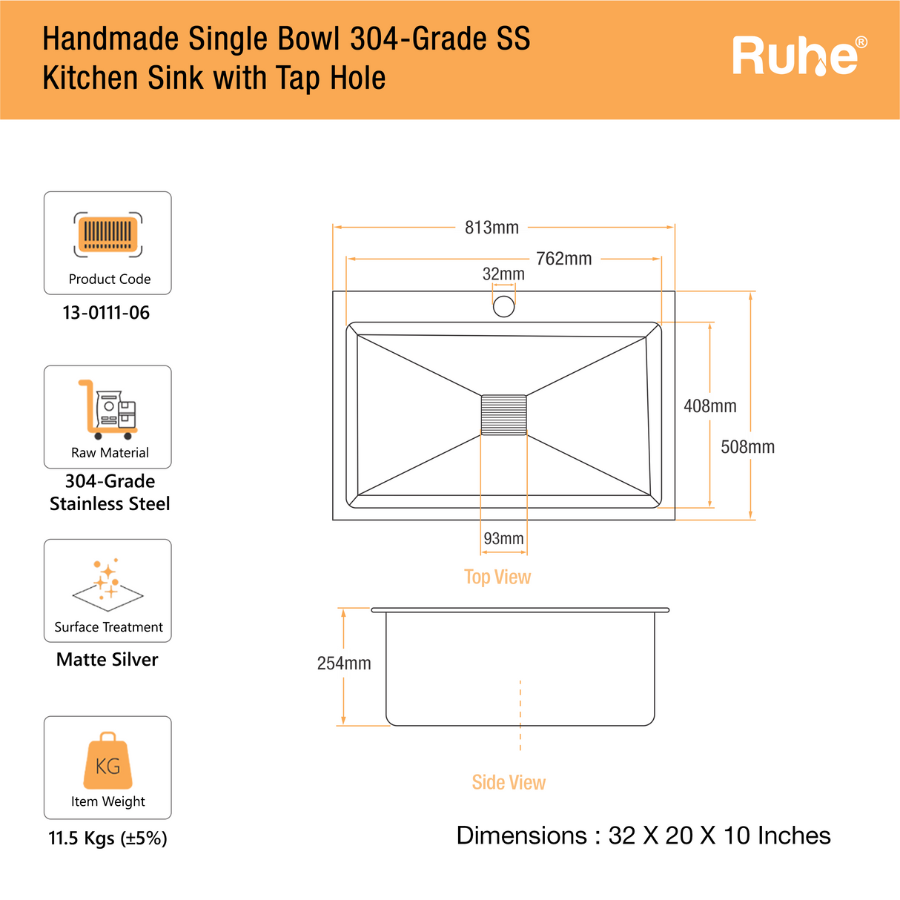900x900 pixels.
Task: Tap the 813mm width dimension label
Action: [x=492, y=228]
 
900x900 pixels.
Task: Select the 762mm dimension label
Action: [x=563, y=259]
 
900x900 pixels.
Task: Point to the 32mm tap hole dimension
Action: [x=503, y=274]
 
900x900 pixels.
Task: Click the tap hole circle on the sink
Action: [x=503, y=305]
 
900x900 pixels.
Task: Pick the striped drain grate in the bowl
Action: [x=503, y=415]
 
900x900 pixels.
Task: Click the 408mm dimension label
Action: [x=709, y=406]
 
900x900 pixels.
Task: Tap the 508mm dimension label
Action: [x=747, y=447]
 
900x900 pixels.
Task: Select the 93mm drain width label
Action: [x=503, y=539]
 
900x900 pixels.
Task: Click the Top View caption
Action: [x=497, y=577]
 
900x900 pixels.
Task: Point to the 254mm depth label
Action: [x=344, y=664]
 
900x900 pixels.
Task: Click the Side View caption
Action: [x=509, y=782]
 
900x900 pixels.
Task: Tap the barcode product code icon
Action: [x=108, y=234]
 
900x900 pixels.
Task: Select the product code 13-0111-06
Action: [x=106, y=313]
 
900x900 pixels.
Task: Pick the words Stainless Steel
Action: [x=110, y=504]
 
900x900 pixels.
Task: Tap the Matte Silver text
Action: [x=107, y=660]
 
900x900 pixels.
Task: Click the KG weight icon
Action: [x=107, y=761]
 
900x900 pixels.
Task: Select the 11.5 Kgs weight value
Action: [x=107, y=838]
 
